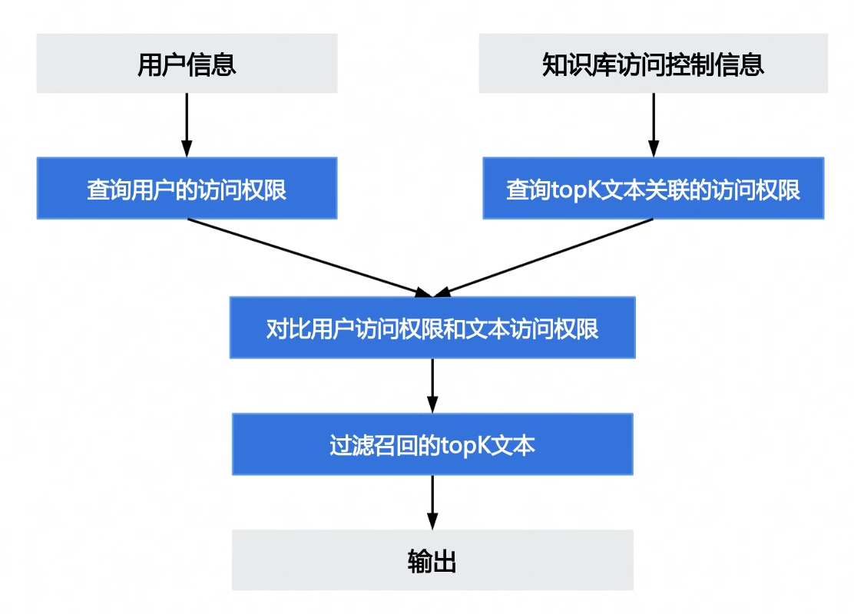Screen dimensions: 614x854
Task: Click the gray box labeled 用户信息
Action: pyautogui.click(x=187, y=64)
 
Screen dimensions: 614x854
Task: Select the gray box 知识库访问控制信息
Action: pyautogui.click(x=653, y=64)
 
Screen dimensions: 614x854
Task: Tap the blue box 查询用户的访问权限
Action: pyautogui.click(x=187, y=189)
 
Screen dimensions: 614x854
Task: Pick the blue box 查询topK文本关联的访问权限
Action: pyautogui.click(x=653, y=189)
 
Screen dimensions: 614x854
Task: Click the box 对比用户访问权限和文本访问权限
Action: pyautogui.click(x=432, y=328)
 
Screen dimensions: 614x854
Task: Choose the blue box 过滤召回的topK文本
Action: pyautogui.click(x=432, y=444)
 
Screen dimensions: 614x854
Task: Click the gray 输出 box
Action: pyautogui.click(x=432, y=560)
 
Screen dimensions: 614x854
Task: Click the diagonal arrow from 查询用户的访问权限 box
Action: pyautogui.click(x=307, y=257)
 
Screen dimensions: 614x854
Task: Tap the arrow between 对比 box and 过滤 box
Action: pyautogui.click(x=432, y=385)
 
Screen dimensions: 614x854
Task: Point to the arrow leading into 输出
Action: pyautogui.click(x=432, y=501)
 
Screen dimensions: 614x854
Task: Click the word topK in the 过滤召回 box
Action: pyautogui.click(x=467, y=446)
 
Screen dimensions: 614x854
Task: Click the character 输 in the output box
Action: pyautogui.click(x=419, y=561)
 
